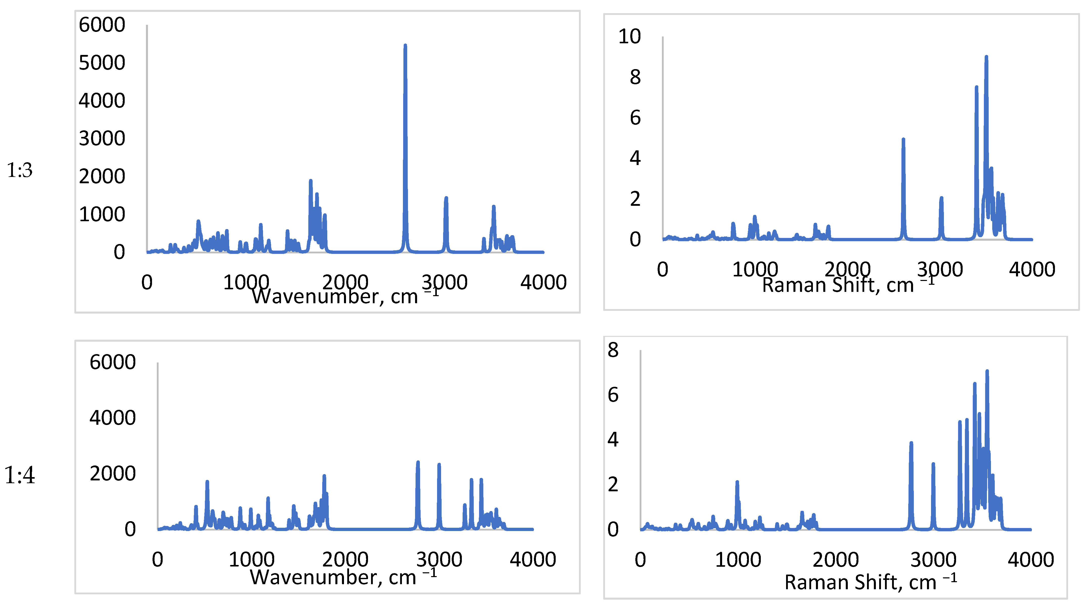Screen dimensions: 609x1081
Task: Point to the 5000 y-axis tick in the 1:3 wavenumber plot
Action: point(102,63)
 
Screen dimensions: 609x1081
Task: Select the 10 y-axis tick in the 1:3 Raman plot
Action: point(630,36)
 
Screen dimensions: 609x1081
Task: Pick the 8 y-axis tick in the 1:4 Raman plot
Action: point(613,350)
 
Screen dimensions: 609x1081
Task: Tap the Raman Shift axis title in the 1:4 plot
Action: point(871,582)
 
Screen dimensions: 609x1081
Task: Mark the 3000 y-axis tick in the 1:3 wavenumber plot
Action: point(102,139)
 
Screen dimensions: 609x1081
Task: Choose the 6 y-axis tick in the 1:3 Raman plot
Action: point(635,118)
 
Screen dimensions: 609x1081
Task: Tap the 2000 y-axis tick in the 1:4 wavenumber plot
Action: point(113,474)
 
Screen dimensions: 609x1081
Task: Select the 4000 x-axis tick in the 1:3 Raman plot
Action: point(1032,269)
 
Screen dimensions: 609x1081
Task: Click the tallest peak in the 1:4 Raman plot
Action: point(987,372)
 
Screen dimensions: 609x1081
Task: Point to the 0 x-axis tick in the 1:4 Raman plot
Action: point(640,560)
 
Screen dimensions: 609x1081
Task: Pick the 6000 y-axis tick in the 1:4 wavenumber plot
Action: point(113,362)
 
